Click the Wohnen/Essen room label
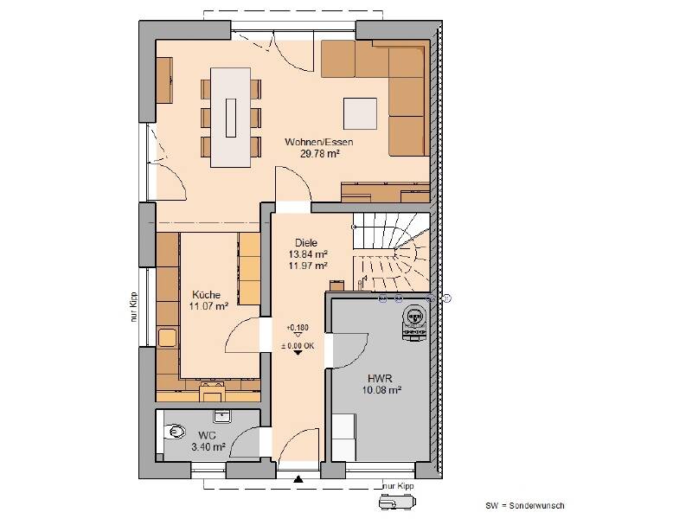click(319, 142)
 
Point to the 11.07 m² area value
click(208, 305)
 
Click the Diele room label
click(306, 243)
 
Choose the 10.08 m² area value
click(381, 390)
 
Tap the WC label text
click(207, 435)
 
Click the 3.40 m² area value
click(208, 447)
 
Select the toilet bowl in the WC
click(176, 430)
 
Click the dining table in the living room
click(231, 117)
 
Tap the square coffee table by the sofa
click(361, 114)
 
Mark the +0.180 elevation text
click(297, 328)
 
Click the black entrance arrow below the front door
click(298, 478)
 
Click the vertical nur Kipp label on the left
click(134, 305)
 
